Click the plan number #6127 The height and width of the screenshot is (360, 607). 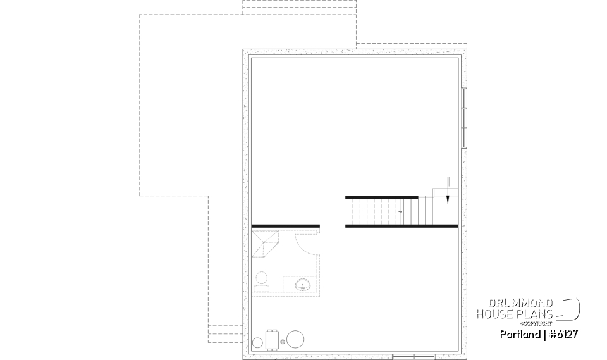tap(563, 334)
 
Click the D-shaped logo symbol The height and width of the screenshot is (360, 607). tap(570, 309)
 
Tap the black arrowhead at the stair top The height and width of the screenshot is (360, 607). tap(447, 197)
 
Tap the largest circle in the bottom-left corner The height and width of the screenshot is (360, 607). tap(295, 339)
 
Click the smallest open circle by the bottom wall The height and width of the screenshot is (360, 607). tap(257, 343)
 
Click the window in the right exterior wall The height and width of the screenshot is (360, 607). tap(463, 118)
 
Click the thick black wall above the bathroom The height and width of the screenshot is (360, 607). tap(285, 225)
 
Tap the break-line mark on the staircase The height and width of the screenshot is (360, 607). tap(401, 211)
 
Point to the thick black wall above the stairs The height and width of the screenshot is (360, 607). tap(381, 197)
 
